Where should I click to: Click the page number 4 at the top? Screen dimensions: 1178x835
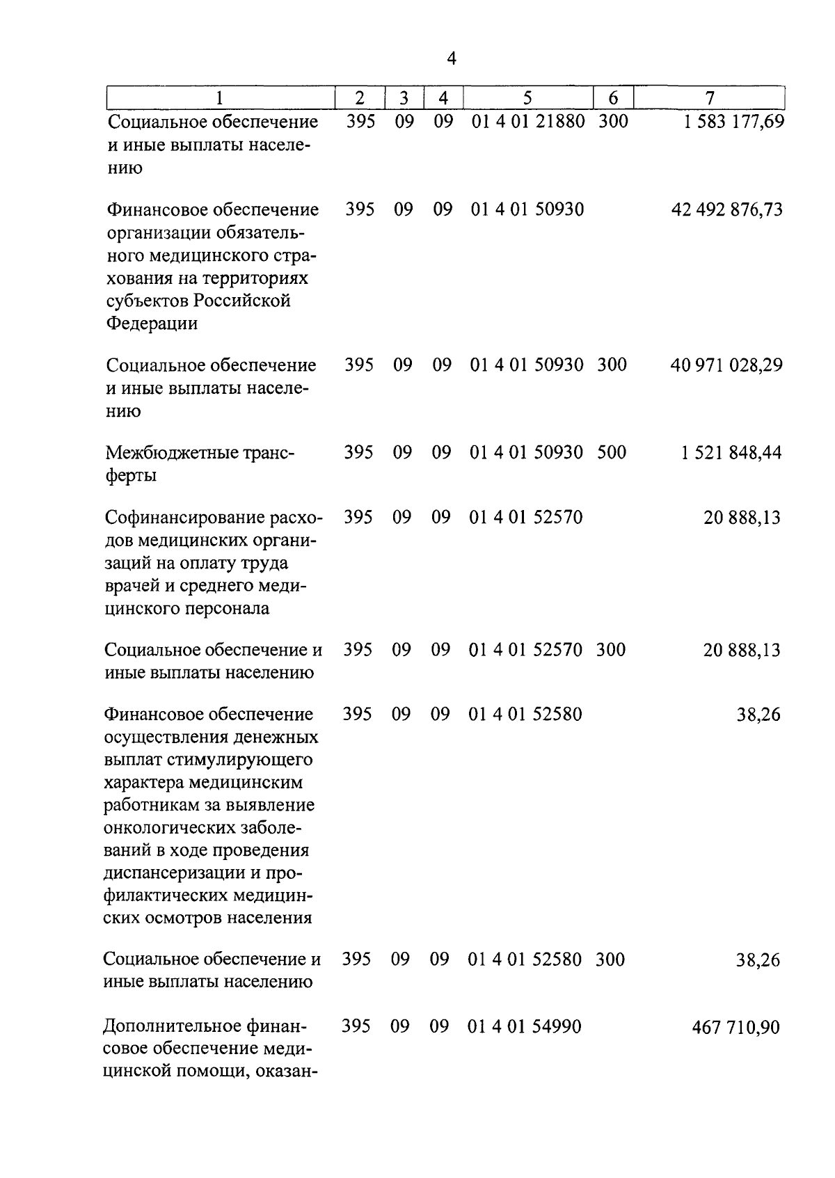point(451,59)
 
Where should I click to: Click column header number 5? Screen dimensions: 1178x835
point(527,98)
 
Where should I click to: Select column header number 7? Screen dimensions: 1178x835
point(709,98)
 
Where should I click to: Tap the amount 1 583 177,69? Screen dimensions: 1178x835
point(733,122)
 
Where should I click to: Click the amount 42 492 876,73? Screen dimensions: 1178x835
point(726,209)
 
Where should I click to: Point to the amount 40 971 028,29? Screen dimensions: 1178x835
point(726,365)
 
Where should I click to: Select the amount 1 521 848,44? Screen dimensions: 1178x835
point(731,453)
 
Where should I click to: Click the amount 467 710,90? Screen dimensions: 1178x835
point(736,1027)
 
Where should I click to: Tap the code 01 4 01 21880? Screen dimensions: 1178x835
point(528,122)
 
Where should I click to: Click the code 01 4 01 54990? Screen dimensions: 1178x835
point(525,1026)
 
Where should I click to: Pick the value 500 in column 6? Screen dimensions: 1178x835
point(612,452)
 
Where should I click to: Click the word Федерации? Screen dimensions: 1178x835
point(152,324)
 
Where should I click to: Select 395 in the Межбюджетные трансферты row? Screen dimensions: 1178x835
point(358,452)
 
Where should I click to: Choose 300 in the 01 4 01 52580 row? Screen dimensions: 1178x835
point(610,960)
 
